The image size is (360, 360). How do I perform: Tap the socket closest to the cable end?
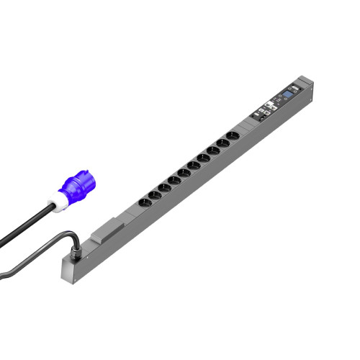153,194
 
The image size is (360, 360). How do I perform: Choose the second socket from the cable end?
164,186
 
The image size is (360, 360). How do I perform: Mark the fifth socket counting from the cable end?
194,164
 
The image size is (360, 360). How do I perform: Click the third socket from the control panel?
214,150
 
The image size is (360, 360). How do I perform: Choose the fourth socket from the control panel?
204,156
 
